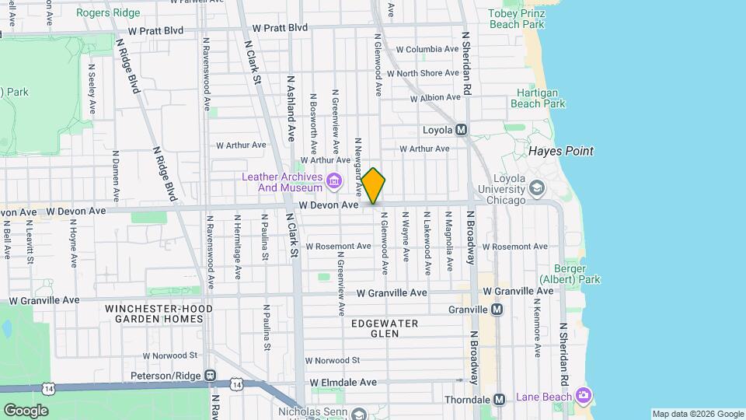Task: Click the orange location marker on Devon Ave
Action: (374, 185)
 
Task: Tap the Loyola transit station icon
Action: (461, 130)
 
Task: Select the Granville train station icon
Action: (497, 310)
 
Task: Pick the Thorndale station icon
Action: (500, 399)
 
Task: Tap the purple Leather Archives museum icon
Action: (334, 181)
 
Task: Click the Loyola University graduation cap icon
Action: (537, 187)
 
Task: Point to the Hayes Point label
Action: (561, 151)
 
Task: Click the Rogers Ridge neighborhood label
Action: (109, 12)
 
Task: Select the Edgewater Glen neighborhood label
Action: (385, 327)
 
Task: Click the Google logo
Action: (26, 410)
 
